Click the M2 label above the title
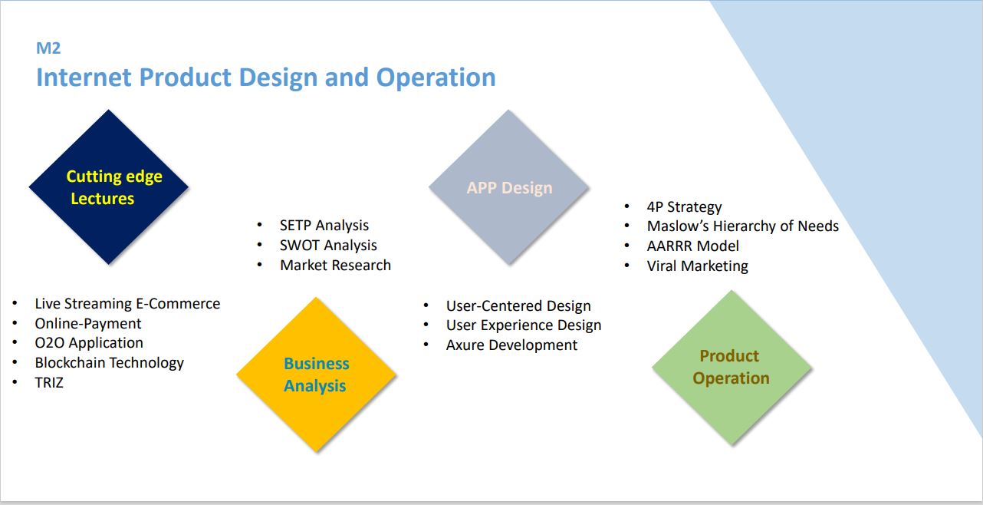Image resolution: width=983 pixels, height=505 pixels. [x=48, y=48]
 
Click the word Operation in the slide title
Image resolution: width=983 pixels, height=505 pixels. [x=436, y=78]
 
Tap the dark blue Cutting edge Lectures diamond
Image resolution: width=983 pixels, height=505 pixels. [x=109, y=187]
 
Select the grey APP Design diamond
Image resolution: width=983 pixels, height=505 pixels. [x=509, y=187]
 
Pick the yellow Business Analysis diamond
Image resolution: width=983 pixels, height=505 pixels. [x=317, y=375]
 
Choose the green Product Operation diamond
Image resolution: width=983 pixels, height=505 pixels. [x=731, y=368]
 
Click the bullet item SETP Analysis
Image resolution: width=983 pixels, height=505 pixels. [x=324, y=226]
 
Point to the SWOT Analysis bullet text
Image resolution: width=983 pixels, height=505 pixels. [x=328, y=245]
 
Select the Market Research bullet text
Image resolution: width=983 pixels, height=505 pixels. [x=335, y=266]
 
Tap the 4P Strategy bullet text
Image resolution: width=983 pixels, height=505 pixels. [x=684, y=206]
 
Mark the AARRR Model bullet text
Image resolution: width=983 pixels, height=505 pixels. [x=693, y=246]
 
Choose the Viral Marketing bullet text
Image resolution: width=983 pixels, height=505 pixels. [x=698, y=266]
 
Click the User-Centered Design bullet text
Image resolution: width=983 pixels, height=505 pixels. [x=518, y=305]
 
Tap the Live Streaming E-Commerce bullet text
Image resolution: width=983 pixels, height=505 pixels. [x=127, y=303]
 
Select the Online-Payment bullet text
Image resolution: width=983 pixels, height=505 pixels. [x=87, y=324]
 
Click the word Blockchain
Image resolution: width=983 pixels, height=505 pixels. [x=70, y=363]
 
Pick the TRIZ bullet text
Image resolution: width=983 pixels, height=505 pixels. [x=49, y=382]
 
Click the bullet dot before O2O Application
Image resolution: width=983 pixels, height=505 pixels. [x=15, y=342]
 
